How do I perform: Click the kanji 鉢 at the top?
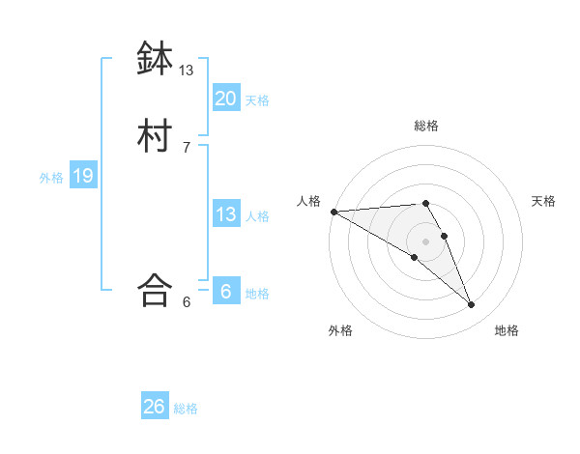click(x=155, y=59)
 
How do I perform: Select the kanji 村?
click(x=155, y=136)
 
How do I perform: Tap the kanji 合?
click(x=155, y=290)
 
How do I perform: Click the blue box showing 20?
click(x=225, y=98)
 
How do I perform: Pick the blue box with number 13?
click(x=225, y=214)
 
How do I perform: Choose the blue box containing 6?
click(x=225, y=292)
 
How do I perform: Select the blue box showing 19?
click(x=82, y=176)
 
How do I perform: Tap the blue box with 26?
click(x=155, y=407)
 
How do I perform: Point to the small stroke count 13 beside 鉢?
click(x=187, y=71)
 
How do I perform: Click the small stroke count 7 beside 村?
click(x=187, y=147)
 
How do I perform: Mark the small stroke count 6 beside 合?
click(x=187, y=301)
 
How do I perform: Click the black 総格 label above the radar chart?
click(x=425, y=126)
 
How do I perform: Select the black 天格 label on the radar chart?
click(x=543, y=201)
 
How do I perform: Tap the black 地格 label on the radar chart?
click(x=507, y=331)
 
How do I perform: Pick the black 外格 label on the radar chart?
click(x=340, y=331)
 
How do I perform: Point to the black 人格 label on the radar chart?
click(x=308, y=201)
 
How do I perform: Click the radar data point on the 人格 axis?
click(x=333, y=212)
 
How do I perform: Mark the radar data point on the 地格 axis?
click(x=472, y=305)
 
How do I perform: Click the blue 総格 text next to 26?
click(x=186, y=409)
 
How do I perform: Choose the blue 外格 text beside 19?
click(x=51, y=178)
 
